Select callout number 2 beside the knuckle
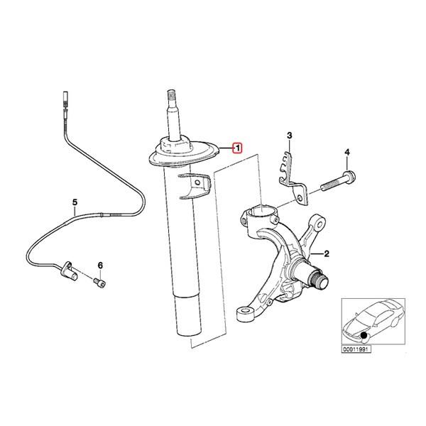pos(327,253)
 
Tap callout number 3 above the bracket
pos(289,136)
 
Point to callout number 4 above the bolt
pos(347,153)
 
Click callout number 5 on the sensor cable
pos(75,202)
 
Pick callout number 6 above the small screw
pos(100,265)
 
